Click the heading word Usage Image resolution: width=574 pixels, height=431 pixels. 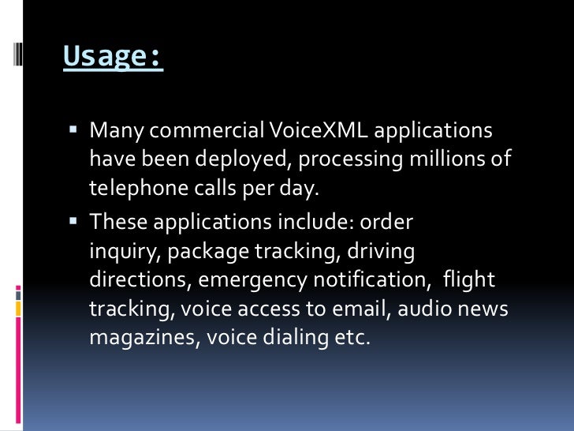tap(112, 57)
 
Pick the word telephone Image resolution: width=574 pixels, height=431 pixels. tap(129, 187)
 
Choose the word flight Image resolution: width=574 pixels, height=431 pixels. tap(471, 280)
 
